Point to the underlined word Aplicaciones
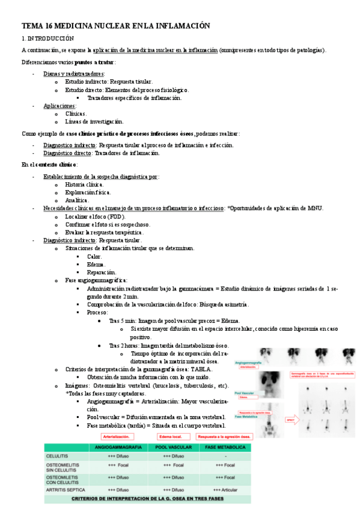(59, 105)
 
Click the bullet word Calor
(95, 256)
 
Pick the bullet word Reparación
(102, 272)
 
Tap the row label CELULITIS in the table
(58, 456)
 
